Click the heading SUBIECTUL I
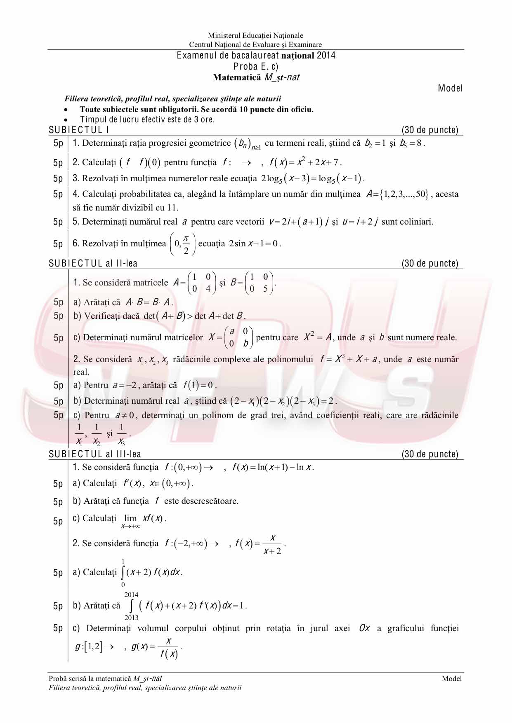(x=79, y=130)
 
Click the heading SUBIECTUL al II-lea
(x=93, y=263)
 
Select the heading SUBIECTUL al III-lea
(x=95, y=454)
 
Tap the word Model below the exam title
(x=450, y=88)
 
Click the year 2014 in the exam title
(x=326, y=55)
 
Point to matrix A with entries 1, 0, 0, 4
(x=201, y=283)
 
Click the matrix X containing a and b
(x=239, y=337)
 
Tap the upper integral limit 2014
(x=131, y=594)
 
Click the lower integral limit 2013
(x=131, y=618)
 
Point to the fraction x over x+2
(x=272, y=544)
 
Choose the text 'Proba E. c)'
(x=256, y=66)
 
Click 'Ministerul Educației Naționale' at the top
(x=255, y=36)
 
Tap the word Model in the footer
(x=451, y=679)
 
